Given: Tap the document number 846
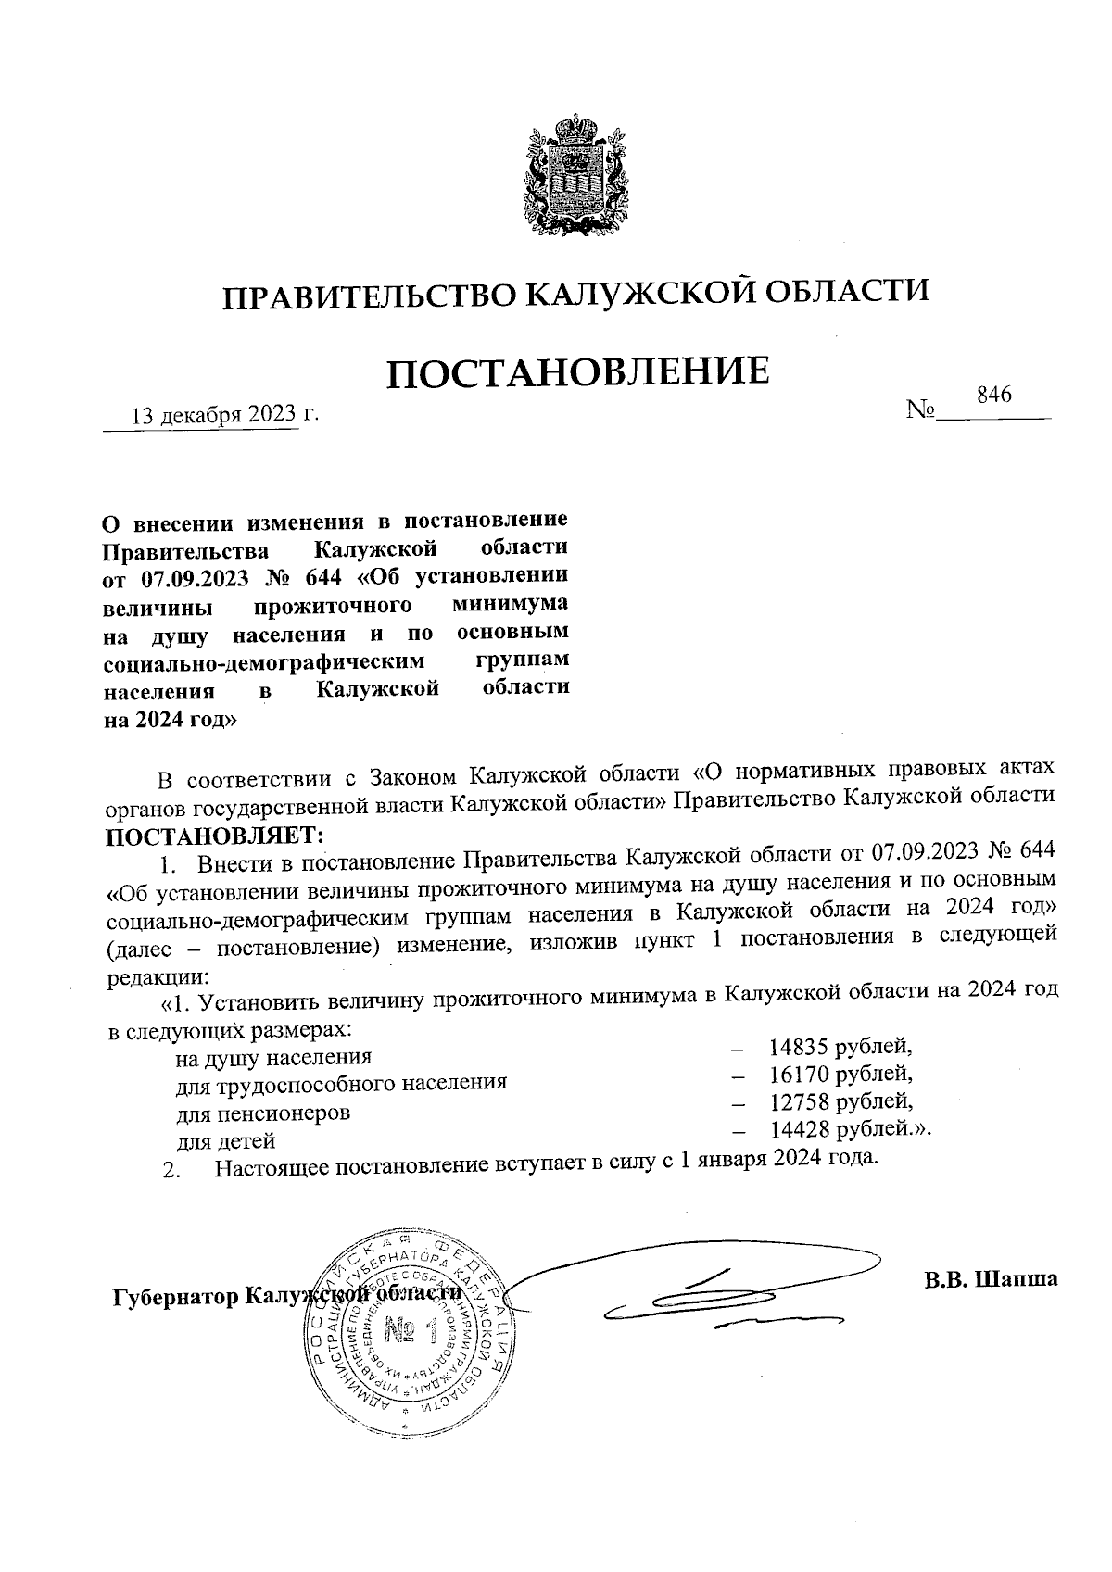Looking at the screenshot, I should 992,395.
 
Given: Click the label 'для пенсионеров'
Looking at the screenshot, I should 263,1113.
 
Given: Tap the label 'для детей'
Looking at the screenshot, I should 226,1141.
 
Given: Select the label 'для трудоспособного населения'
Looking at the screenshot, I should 342,1083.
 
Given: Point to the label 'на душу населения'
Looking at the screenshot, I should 274,1057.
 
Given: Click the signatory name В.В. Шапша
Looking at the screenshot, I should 990,1279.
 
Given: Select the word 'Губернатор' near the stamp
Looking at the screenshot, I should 171,1294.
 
